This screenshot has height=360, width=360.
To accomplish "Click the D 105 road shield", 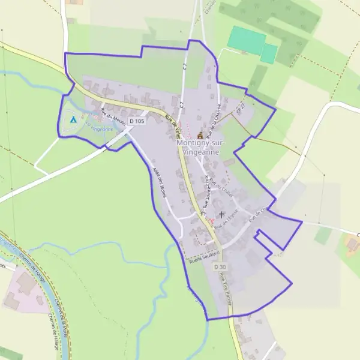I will pyautogui.click(x=137, y=121).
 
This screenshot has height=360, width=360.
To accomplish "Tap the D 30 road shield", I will pyautogui.click(x=220, y=266).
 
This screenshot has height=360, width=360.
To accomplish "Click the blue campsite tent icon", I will pyautogui.click(x=73, y=119).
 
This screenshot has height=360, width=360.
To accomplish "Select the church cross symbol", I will pyautogui.click(x=222, y=214).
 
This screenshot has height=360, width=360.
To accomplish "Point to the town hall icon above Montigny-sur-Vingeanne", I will pyautogui.click(x=200, y=136).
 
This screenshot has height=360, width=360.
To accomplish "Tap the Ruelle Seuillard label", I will pyautogui.click(x=200, y=254).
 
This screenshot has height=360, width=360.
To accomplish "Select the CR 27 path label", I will pyautogui.click(x=241, y=106).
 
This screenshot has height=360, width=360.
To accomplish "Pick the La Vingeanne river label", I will pyautogui.click(x=99, y=127).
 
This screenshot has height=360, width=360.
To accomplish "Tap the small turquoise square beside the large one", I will pyautogui.click(x=269, y=53).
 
